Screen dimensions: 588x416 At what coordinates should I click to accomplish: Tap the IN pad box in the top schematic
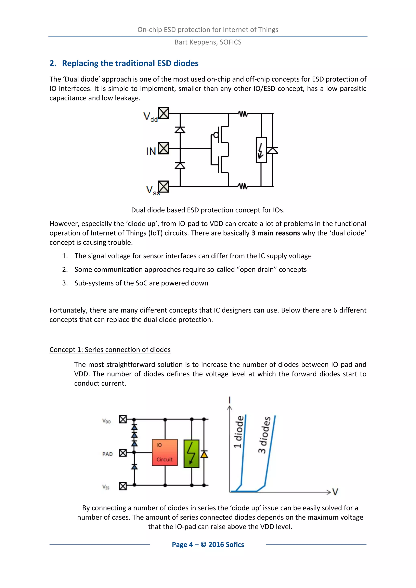pos(164,148)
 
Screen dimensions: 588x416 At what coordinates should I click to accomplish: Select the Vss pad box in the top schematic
pos(164,186)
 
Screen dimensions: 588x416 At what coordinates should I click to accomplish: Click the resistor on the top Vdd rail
pos(243,113)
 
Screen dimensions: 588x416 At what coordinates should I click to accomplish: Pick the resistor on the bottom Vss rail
pos(243,186)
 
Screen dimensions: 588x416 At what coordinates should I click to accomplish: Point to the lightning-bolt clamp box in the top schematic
pos(261,150)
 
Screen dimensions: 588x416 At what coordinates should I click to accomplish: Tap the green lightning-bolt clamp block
pos(191,454)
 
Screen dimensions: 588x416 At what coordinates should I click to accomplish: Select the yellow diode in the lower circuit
pos(204,455)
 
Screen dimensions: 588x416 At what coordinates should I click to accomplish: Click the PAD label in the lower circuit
pos(107,454)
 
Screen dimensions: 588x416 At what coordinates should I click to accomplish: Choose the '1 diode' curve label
pos(238,432)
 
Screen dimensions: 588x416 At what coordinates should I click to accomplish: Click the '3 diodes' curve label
pos(264,435)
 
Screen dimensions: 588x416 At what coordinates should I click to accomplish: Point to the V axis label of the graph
pos(335,492)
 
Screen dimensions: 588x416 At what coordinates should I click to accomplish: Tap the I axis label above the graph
pos(230,400)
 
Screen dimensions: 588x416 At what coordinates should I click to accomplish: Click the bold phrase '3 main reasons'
pos(276,233)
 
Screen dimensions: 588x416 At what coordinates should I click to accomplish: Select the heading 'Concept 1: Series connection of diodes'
pos(110,350)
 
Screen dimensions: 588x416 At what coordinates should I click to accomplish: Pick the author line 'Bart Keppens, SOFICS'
pos(208,42)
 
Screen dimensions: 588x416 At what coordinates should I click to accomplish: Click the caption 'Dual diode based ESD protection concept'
pos(208,210)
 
